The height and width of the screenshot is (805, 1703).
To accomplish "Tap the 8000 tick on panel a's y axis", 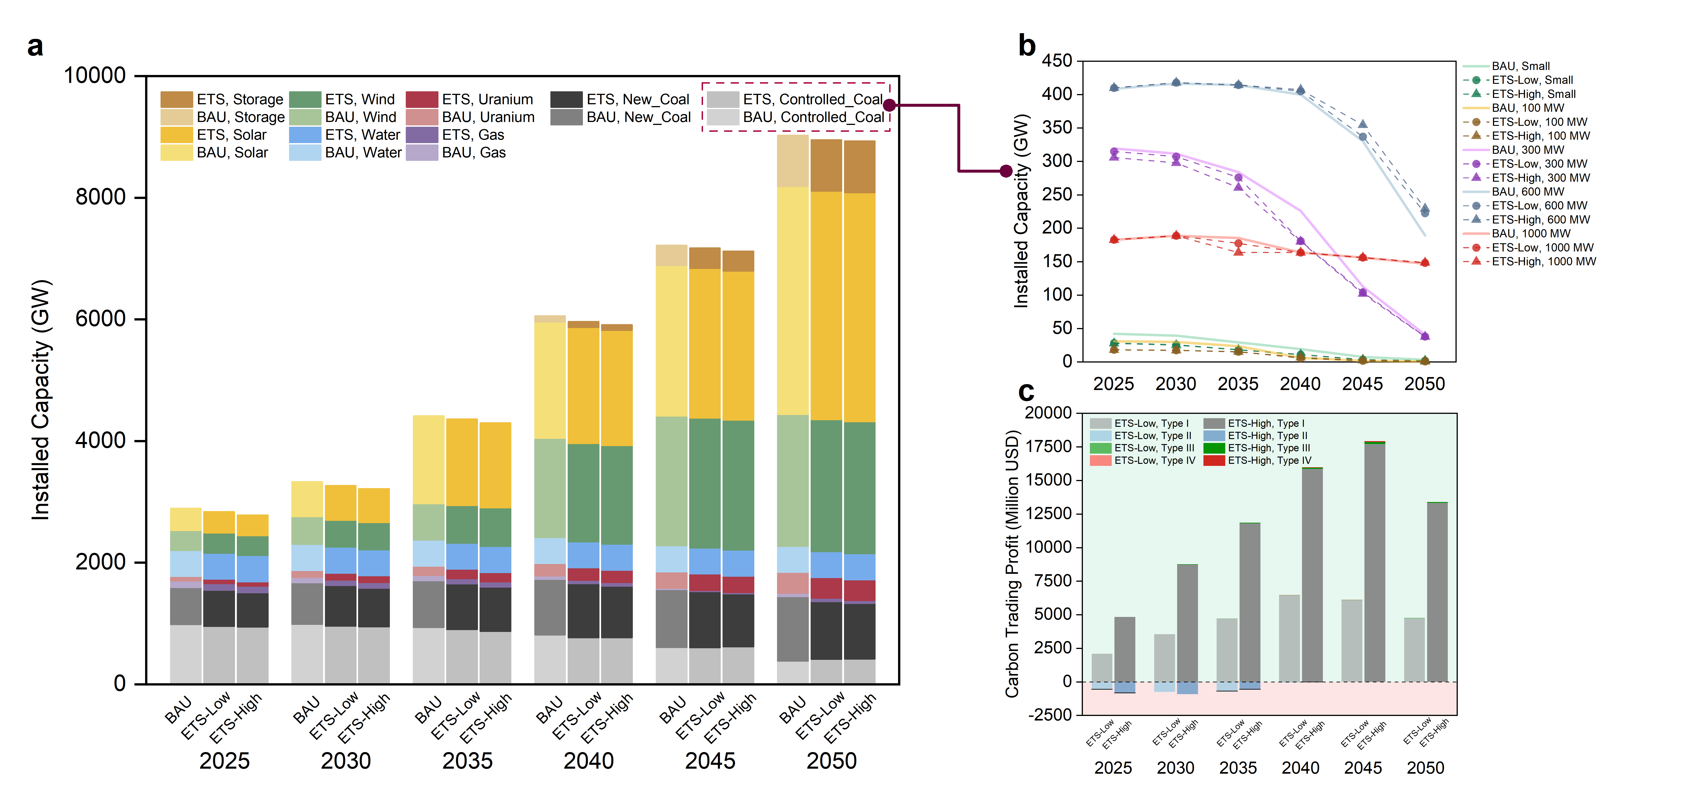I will tap(101, 197).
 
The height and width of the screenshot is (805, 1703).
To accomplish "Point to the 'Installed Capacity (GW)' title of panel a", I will tap(41, 400).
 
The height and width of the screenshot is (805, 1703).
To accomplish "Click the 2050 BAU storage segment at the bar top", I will tap(793, 161).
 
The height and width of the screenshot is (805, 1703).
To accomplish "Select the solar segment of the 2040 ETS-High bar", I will tap(616, 388).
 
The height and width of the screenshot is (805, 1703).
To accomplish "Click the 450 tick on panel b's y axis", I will tap(1057, 61).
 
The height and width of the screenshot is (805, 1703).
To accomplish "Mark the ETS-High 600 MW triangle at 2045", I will tap(1363, 124).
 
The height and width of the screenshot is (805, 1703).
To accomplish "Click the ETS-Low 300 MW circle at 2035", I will tap(1238, 177).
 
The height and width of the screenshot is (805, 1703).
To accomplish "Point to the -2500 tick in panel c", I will tap(1050, 715).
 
